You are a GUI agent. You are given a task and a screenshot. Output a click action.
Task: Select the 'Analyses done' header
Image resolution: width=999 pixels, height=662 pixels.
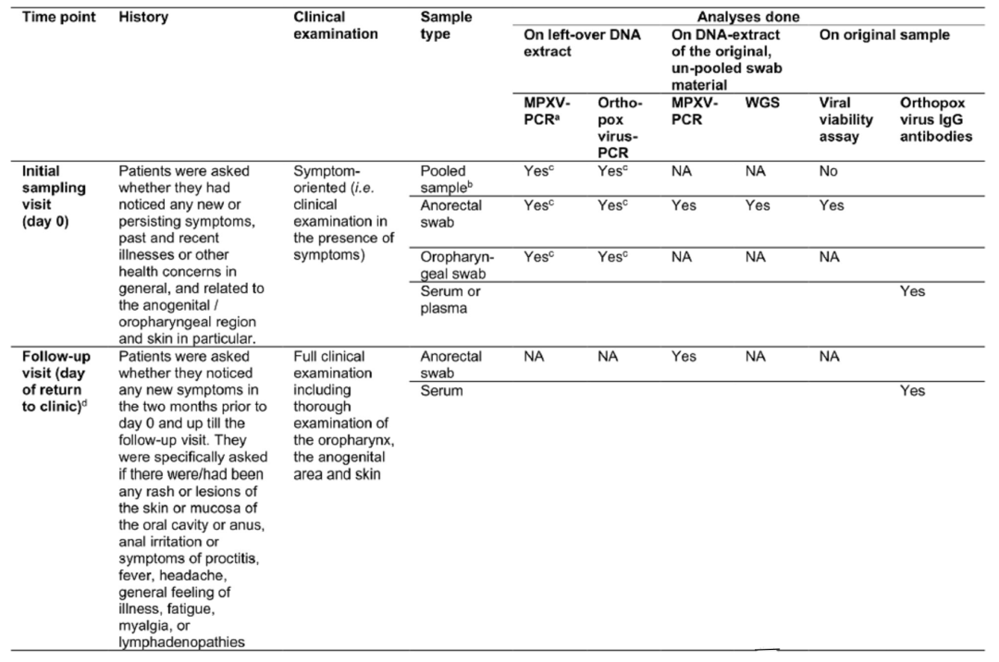click(748, 17)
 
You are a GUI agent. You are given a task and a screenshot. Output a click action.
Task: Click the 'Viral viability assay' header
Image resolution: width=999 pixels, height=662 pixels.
click(845, 119)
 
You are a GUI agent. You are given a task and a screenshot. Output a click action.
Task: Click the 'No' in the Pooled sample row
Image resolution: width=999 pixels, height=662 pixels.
click(830, 171)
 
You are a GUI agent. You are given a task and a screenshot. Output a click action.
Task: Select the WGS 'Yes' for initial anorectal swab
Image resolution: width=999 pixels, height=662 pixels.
click(758, 205)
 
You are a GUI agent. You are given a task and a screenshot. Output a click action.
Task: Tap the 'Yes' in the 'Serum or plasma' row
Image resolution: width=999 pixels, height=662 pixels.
click(912, 291)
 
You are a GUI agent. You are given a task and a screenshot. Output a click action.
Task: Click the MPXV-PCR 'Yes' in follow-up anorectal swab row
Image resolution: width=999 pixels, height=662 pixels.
click(684, 356)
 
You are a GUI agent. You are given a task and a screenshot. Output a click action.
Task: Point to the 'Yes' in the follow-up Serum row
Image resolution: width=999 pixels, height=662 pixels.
click(912, 391)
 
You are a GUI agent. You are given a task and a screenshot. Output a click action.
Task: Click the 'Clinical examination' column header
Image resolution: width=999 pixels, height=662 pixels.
click(335, 25)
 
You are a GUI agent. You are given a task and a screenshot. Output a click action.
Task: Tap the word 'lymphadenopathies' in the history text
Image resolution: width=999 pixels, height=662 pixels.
click(181, 644)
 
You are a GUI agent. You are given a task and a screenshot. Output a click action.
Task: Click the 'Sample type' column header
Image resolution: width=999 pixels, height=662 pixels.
click(445, 25)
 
